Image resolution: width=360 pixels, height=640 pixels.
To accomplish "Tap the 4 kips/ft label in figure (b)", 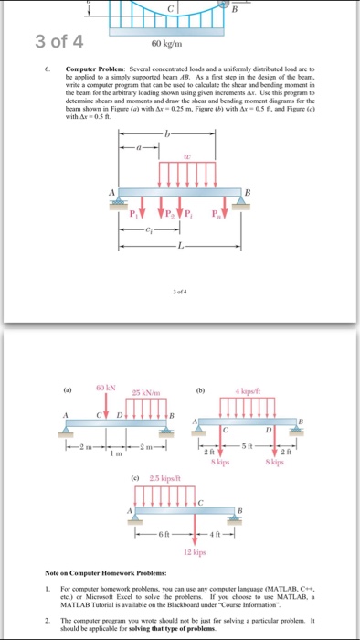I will [x=259, y=394].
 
